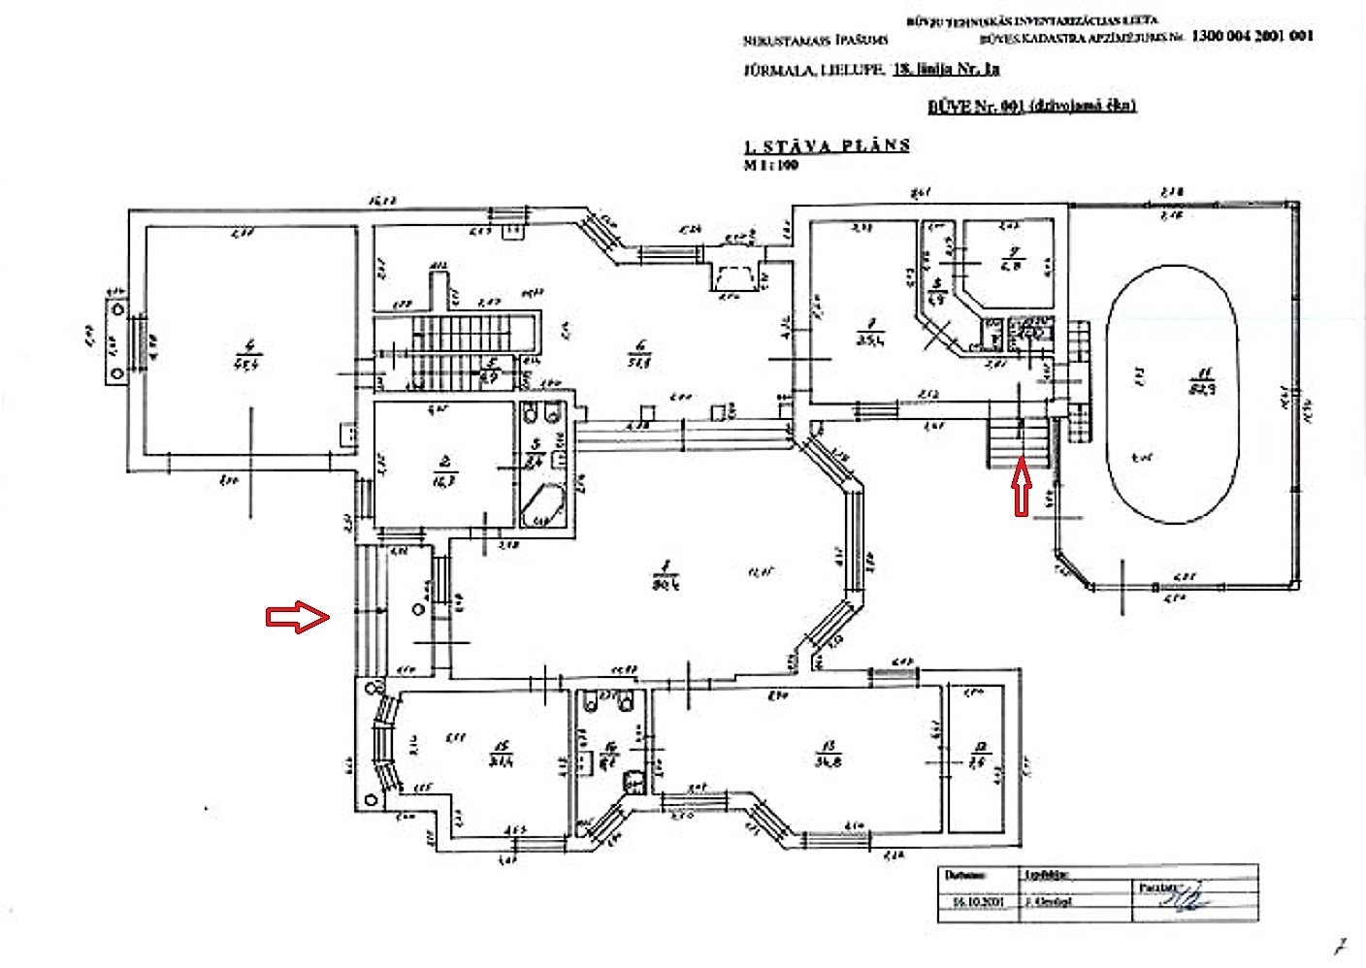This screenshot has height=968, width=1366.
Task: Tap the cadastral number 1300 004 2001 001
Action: (1252, 35)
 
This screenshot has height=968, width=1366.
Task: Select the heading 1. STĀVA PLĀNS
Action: (826, 145)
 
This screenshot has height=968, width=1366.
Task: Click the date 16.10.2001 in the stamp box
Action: (974, 902)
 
